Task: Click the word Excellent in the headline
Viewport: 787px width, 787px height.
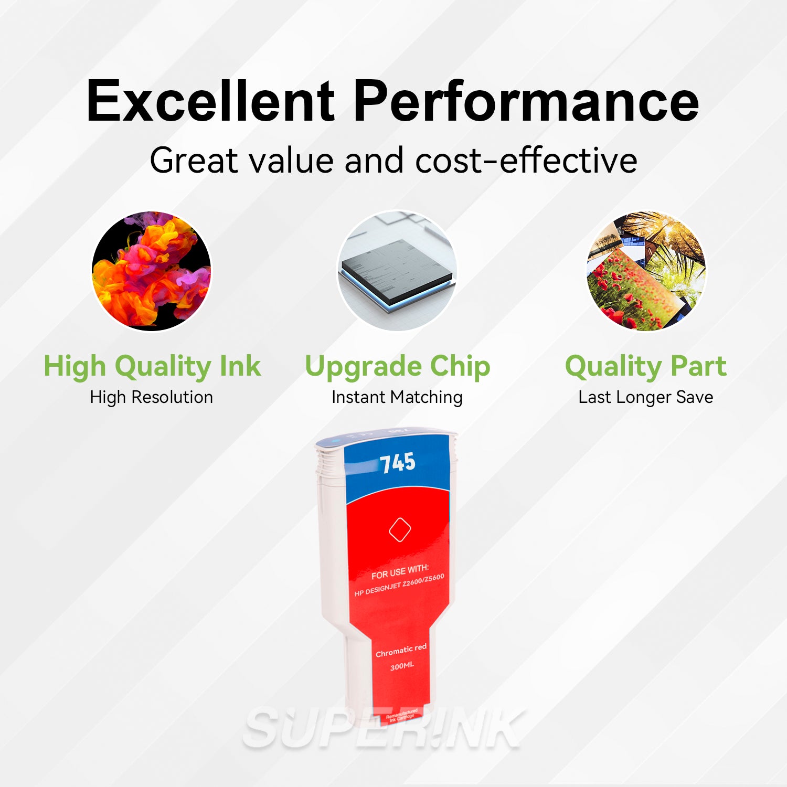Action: click(210, 101)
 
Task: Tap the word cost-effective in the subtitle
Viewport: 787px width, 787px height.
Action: click(526, 160)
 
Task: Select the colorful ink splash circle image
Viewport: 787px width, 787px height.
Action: click(152, 271)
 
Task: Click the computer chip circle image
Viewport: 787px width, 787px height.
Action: click(397, 271)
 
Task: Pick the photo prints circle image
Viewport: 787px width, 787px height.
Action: click(646, 271)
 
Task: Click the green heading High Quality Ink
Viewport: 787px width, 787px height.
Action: click(152, 366)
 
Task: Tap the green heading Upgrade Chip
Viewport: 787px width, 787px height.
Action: click(397, 366)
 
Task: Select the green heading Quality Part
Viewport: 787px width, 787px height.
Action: click(646, 366)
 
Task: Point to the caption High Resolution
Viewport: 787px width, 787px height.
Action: click(152, 397)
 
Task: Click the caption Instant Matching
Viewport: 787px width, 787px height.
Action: click(397, 397)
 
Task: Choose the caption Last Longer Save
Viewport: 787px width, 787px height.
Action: click(646, 397)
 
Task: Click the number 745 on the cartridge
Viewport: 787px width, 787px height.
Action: click(398, 463)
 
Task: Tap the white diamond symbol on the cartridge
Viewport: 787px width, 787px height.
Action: click(400, 529)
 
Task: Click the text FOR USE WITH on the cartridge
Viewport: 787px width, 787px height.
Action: click(400, 571)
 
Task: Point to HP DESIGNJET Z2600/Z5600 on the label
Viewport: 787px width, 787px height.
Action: click(399, 584)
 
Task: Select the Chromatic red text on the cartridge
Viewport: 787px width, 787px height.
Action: click(401, 651)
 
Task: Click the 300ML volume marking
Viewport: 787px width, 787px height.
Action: click(402, 666)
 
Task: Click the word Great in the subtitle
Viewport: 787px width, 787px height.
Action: click(194, 160)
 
